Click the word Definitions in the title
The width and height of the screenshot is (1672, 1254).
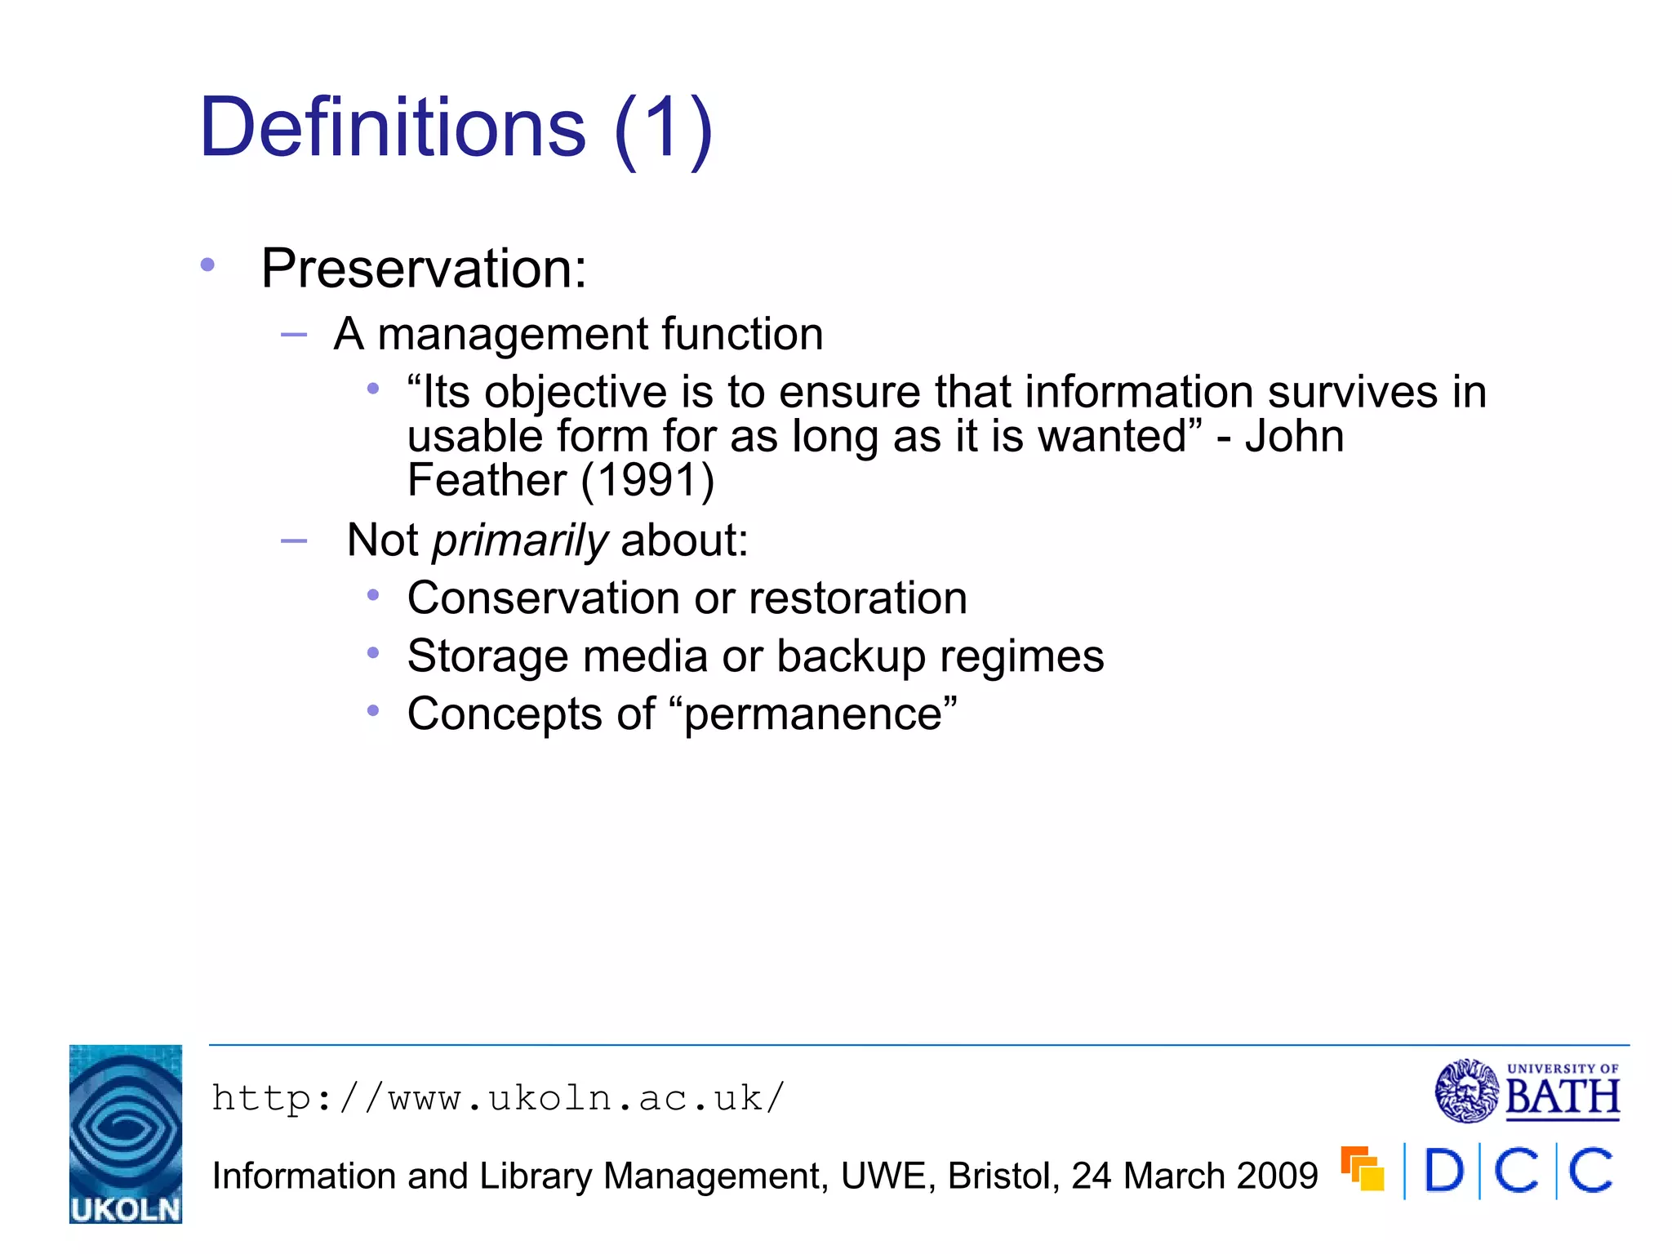click(x=392, y=128)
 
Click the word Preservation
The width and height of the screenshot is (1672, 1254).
click(x=423, y=269)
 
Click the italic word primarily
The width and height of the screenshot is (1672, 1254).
click(x=520, y=541)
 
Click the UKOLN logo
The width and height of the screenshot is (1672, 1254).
click(x=126, y=1133)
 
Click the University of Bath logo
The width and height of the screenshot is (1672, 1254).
click(x=1527, y=1091)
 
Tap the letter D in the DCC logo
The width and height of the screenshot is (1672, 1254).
click(x=1443, y=1172)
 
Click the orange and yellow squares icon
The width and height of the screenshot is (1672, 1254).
click(x=1363, y=1168)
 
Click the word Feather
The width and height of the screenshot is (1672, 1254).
click(x=487, y=480)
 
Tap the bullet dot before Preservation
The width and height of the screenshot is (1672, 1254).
click(x=207, y=265)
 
